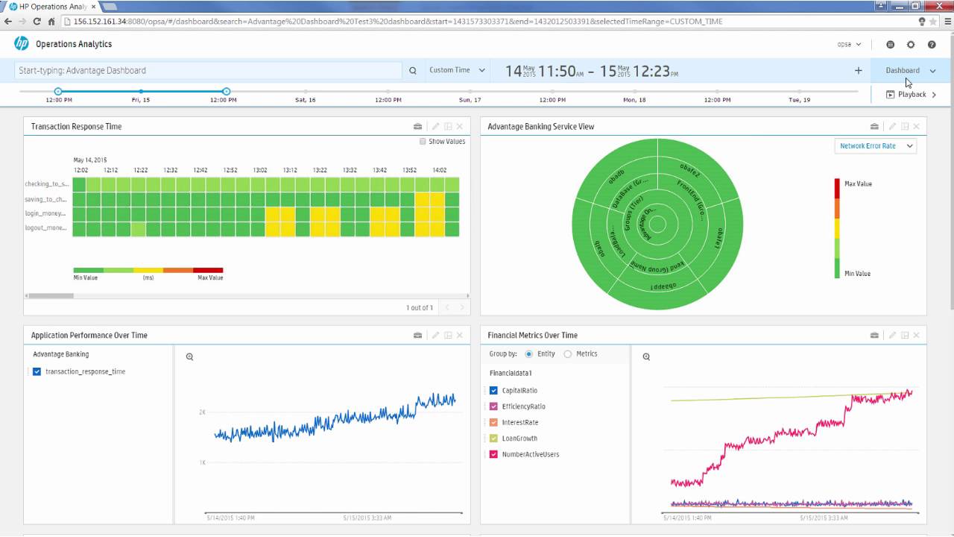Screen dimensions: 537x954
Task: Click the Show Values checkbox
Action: [x=423, y=141]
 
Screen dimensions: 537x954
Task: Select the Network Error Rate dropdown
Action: [x=875, y=146]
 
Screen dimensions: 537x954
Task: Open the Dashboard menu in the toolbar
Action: [x=909, y=70]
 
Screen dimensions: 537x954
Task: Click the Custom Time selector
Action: [x=456, y=70]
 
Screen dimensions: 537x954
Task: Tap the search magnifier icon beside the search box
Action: [x=413, y=71]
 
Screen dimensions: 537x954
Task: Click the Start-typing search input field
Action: [x=208, y=71]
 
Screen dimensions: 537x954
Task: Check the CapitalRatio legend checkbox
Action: [x=493, y=390]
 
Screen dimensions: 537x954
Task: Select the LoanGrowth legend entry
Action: [x=519, y=439]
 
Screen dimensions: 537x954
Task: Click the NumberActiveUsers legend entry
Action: [x=530, y=454]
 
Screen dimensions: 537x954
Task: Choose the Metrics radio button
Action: [x=568, y=354]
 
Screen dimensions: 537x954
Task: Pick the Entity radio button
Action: [x=529, y=354]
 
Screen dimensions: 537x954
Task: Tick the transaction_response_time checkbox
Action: [x=37, y=371]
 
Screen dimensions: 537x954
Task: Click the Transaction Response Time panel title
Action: [x=76, y=127]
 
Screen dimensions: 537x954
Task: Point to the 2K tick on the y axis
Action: [x=202, y=412]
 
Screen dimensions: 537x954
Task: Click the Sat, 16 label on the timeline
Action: [x=305, y=100]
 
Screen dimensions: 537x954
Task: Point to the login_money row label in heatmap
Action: [x=46, y=213]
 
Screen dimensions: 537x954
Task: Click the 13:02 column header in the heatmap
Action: [x=260, y=170]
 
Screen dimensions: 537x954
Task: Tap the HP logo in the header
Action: [x=21, y=44]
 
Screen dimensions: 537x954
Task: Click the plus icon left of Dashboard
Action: [x=858, y=71]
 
